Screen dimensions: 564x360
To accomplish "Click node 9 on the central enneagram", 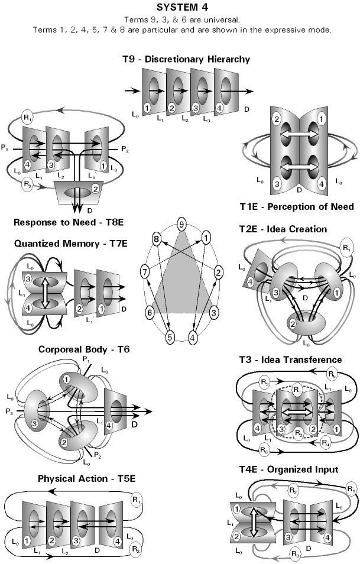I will pos(182,225).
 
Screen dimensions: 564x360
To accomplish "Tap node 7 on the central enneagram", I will pos(145,271).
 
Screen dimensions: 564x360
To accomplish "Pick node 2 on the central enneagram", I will pos(218,273).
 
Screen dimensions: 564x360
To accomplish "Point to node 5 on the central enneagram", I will pos(170,338).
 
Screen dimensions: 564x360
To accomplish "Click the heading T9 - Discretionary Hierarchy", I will pos(183,59).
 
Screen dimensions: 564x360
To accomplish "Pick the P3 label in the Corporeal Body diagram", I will pos(8,409).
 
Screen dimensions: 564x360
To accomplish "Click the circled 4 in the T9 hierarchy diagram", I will pos(219,93).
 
